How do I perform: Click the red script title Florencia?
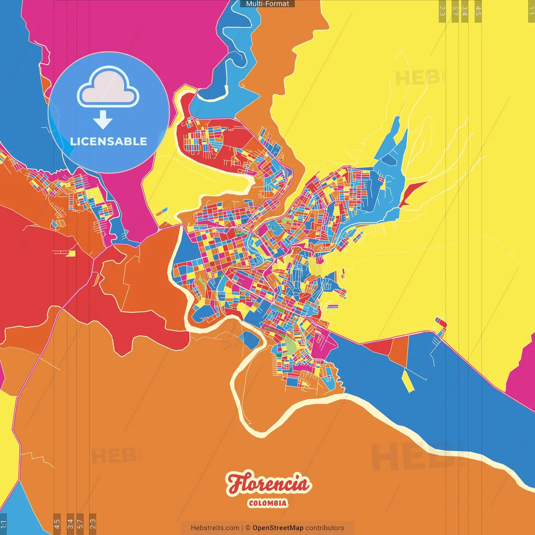pyautogui.click(x=269, y=484)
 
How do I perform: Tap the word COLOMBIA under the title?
pyautogui.click(x=268, y=503)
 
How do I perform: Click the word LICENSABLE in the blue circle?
pyautogui.click(x=109, y=141)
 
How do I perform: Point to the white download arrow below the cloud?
pyautogui.click(x=103, y=120)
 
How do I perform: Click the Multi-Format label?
pyautogui.click(x=267, y=4)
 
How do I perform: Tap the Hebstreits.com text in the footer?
pyautogui.click(x=215, y=528)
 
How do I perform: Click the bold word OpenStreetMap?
pyautogui.click(x=278, y=528)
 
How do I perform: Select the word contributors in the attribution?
pyautogui.click(x=325, y=528)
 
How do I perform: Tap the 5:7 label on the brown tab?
pyautogui.click(x=80, y=524)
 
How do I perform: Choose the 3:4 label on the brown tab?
pyautogui.click(x=70, y=524)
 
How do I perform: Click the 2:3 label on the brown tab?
pyautogui.click(x=93, y=524)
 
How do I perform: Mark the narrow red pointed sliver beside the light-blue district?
pyautogui.click(x=411, y=192)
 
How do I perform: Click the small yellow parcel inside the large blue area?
pyautogui.click(x=408, y=381)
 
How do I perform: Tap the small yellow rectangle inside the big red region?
pyautogui.click(x=71, y=253)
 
